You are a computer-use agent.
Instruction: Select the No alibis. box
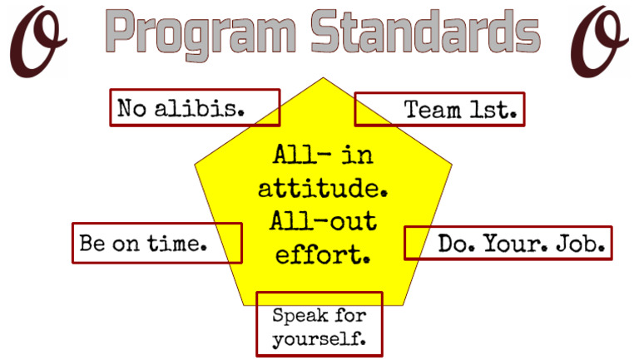click(x=195, y=107)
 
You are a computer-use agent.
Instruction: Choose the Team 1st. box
click(x=439, y=109)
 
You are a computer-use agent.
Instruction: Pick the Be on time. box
click(x=156, y=243)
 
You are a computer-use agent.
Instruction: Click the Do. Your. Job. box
click(x=508, y=243)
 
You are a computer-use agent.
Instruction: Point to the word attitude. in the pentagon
click(x=323, y=189)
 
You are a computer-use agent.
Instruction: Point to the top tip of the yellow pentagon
click(x=323, y=79)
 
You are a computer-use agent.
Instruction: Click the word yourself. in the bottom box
click(x=319, y=338)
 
